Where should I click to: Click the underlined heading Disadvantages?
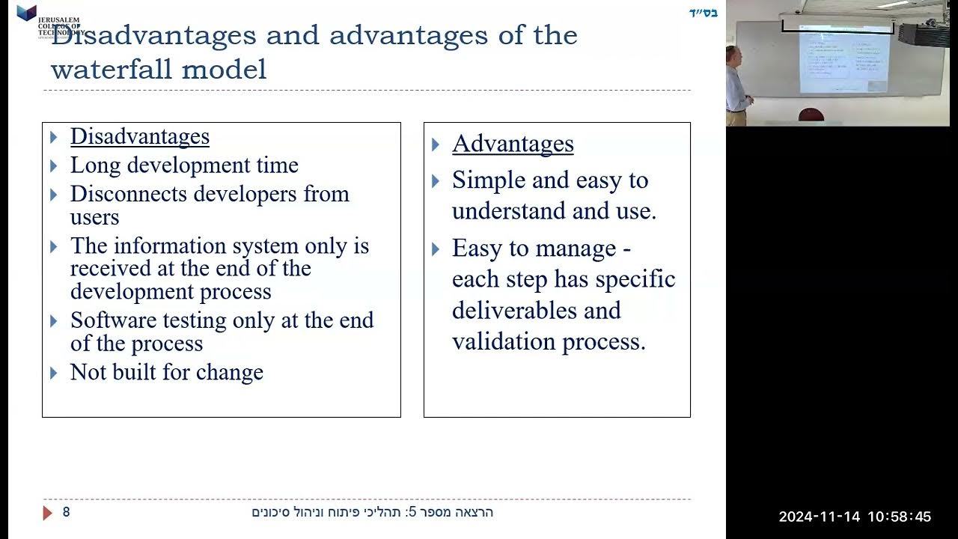tap(139, 136)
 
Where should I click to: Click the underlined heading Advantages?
tap(513, 144)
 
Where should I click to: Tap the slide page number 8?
tap(66, 512)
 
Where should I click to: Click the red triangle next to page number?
tap(48, 513)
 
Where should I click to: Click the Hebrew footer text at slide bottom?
tap(372, 512)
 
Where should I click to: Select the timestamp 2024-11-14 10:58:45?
tap(855, 517)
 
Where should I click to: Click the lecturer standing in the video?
tap(736, 85)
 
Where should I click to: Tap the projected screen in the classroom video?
tap(843, 59)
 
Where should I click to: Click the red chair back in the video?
tap(811, 115)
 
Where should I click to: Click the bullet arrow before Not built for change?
tap(54, 373)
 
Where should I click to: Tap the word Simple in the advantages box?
tap(488, 180)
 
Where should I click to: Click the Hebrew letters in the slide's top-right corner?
tap(703, 13)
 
